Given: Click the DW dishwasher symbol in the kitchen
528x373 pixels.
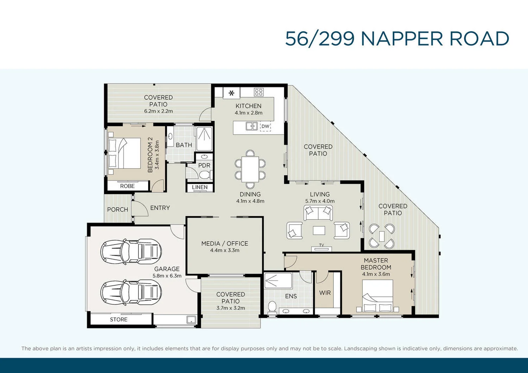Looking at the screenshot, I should [265, 126].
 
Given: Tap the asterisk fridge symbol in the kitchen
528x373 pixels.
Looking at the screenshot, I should [232, 93].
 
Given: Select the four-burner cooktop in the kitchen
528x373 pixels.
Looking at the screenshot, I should [259, 92].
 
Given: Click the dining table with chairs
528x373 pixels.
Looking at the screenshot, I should [250, 169].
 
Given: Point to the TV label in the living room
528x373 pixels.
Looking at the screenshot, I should [321, 245].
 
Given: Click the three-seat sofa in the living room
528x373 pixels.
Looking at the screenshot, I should [318, 213].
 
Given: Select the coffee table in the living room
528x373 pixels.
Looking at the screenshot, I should [319, 230].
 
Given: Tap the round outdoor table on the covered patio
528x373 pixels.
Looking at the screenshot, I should [382, 236].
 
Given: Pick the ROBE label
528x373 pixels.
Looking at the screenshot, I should [127, 186].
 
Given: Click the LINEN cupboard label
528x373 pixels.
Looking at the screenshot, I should [200, 188].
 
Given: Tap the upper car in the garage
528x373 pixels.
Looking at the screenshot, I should [131, 251].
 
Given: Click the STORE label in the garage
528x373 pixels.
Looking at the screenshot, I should [119, 320].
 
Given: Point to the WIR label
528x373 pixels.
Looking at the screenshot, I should [325, 293].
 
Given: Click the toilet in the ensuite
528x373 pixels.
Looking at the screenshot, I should [272, 307].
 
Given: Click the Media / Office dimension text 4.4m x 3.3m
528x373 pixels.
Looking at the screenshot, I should [225, 251].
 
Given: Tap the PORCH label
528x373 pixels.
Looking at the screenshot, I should [118, 209].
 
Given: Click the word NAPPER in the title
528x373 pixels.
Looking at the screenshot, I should [402, 39].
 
